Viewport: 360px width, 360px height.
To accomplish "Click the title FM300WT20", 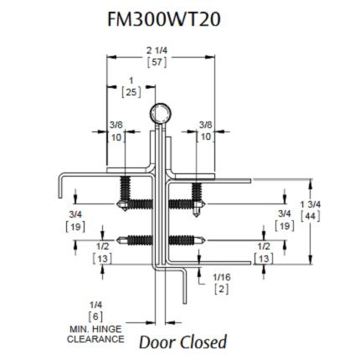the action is (x=164, y=19).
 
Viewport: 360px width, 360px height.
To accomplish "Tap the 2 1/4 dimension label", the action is (x=157, y=50).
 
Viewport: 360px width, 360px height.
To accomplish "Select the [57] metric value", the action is (x=157, y=62).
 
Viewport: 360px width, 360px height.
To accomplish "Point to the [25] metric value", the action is (x=131, y=92).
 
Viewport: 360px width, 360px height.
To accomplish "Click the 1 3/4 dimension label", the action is (x=311, y=204).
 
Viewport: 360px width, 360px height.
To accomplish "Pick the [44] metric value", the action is (x=311, y=216).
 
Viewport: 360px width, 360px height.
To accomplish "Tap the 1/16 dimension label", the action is (x=222, y=277).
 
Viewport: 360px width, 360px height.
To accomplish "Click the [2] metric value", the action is (x=222, y=289).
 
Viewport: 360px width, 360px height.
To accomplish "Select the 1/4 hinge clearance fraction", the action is (x=95, y=305).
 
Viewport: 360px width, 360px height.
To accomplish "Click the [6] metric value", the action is (x=95, y=316).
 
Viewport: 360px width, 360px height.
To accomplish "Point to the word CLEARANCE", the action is (x=95, y=339).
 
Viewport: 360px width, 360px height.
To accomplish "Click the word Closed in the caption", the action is (x=203, y=342).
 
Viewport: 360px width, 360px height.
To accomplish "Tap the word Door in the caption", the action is (x=157, y=342).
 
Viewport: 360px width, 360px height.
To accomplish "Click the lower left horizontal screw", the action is (x=135, y=240).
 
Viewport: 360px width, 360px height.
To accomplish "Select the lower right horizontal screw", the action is (x=187, y=240).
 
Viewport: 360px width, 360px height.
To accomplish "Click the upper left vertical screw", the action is (x=126, y=193).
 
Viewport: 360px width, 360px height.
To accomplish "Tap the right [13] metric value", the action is (x=264, y=259).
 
